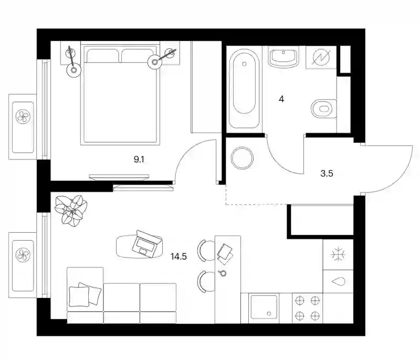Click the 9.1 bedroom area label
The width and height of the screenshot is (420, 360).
point(139,160)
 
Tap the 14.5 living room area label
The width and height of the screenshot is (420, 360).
point(178,256)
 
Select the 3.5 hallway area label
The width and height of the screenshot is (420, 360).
point(327,173)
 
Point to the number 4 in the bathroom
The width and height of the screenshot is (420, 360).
point(281,99)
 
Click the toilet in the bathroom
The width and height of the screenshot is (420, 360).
point(323,108)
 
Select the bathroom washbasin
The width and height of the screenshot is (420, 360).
point(283,57)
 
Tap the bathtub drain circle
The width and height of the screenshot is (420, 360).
point(244,64)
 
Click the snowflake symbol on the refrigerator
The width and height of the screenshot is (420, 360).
point(338,254)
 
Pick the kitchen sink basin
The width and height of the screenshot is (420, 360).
point(264,307)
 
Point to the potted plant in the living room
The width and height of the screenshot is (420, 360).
point(71,209)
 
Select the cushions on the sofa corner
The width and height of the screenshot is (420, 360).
point(85,294)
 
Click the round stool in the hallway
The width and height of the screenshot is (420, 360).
point(242,158)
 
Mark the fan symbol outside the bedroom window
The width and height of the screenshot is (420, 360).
point(23,117)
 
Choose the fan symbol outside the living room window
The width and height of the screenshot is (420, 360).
point(23,255)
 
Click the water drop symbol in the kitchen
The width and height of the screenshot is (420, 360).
point(338,282)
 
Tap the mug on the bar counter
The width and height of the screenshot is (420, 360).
point(222,273)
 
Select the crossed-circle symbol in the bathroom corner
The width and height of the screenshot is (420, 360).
point(321,58)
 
